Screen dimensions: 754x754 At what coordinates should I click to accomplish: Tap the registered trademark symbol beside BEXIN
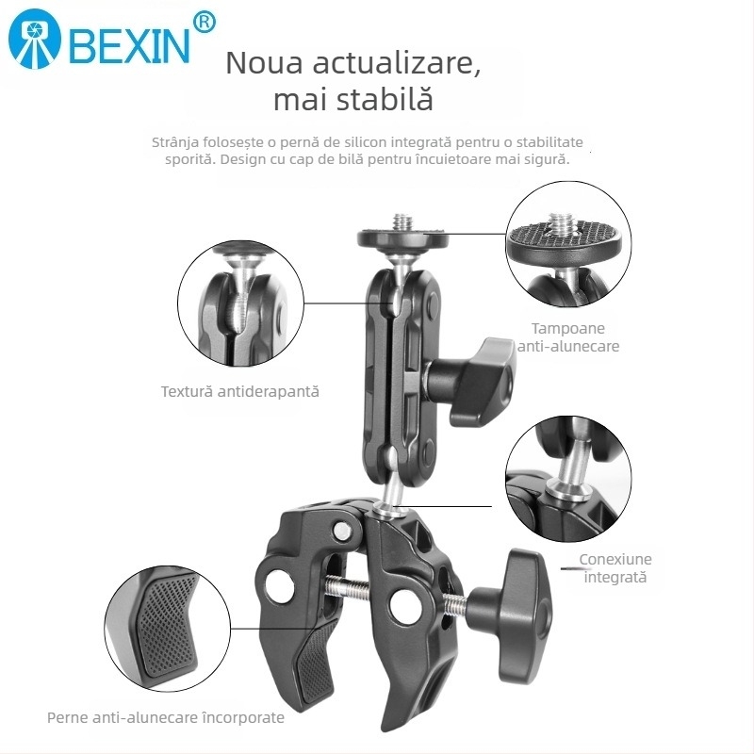coord(203,21)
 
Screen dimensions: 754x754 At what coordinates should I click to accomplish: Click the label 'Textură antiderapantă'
coord(239,390)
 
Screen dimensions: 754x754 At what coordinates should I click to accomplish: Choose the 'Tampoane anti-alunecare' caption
coord(568,337)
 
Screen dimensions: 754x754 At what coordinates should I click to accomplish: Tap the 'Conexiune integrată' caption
coord(615,567)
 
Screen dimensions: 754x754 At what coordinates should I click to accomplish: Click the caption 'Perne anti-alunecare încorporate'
coord(166,717)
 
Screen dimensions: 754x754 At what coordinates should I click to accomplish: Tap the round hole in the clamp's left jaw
coord(278,585)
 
